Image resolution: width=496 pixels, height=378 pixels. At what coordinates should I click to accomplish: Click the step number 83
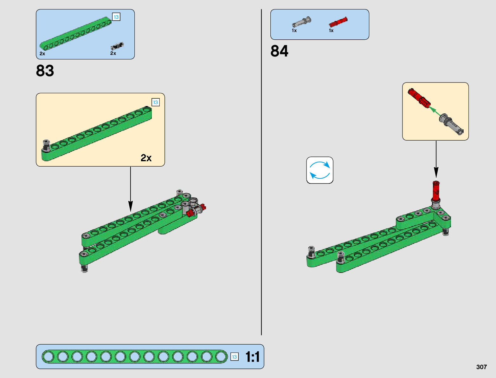click(x=45, y=71)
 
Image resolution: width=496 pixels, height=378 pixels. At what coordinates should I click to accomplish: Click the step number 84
click(x=279, y=51)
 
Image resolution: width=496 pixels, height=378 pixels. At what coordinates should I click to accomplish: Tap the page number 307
click(x=481, y=367)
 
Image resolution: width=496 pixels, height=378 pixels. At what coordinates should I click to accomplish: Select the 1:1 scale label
click(x=253, y=357)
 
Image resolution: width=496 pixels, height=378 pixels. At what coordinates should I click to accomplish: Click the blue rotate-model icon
click(x=320, y=170)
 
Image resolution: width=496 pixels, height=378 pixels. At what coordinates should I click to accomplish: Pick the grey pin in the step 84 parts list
click(x=301, y=22)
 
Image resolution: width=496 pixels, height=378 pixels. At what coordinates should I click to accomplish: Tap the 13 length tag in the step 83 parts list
click(x=116, y=17)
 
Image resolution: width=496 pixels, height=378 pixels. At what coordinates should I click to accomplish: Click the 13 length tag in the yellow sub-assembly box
click(x=155, y=103)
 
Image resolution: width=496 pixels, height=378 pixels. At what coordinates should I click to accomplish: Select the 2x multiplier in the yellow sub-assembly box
click(x=146, y=158)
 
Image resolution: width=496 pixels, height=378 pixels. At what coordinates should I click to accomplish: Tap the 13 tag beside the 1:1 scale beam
click(x=234, y=357)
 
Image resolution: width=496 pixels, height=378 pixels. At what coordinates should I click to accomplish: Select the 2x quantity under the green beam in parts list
click(x=42, y=54)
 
